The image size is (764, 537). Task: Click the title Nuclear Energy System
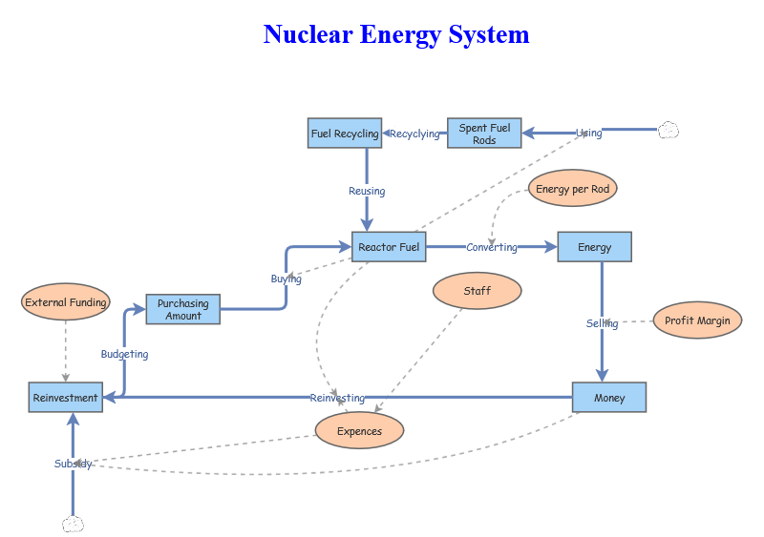(x=396, y=35)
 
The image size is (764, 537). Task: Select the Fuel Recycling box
(x=345, y=134)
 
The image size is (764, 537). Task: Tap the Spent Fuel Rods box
(x=484, y=134)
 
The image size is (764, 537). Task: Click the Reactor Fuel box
(x=389, y=247)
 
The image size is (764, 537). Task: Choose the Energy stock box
(x=594, y=247)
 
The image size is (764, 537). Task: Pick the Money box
(x=609, y=398)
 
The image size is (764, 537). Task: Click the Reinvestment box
(x=65, y=398)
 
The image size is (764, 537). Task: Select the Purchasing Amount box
(x=182, y=309)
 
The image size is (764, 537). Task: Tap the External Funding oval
(x=66, y=302)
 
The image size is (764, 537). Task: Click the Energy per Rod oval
(x=573, y=189)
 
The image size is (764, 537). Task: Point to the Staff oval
(x=477, y=291)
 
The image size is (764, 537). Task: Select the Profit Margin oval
(x=697, y=320)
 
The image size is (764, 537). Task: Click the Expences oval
(x=359, y=431)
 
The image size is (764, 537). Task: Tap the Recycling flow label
(x=414, y=134)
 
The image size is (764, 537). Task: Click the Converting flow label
(x=492, y=247)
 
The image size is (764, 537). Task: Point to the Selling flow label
(x=602, y=323)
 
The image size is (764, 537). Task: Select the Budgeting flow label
(x=124, y=354)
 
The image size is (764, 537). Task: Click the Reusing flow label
(x=367, y=191)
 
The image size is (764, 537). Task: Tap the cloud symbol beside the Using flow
(x=668, y=131)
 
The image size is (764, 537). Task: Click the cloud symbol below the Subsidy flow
(x=73, y=524)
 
